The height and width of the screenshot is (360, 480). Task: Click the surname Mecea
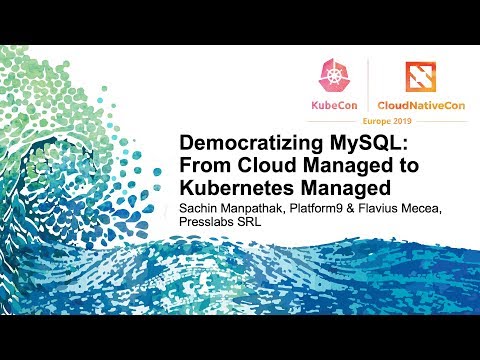pyautogui.click(x=447, y=208)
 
